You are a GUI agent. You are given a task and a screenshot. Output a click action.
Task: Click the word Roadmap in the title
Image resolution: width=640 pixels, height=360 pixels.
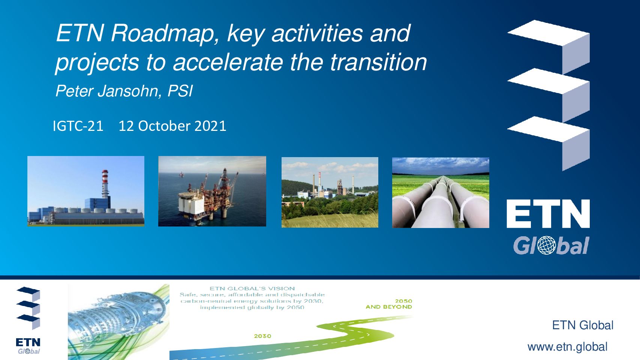click(163, 34)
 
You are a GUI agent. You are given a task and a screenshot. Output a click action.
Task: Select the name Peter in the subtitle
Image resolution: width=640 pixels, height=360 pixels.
click(74, 91)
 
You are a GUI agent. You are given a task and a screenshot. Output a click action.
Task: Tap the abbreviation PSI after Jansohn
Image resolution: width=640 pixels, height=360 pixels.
click(180, 91)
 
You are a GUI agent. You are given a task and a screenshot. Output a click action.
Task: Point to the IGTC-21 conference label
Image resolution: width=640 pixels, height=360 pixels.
click(78, 126)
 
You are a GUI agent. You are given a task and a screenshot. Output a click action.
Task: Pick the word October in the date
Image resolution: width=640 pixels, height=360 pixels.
click(164, 126)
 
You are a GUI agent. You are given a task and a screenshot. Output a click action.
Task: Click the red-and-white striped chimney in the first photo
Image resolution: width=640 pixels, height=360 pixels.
click(105, 183)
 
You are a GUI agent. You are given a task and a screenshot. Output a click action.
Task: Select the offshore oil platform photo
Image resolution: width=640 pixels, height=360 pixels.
click(212, 191)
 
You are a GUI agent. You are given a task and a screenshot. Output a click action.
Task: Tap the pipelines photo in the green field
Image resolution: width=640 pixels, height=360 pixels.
click(441, 193)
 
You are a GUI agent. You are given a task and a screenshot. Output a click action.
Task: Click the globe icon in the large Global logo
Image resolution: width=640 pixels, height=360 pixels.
click(547, 245)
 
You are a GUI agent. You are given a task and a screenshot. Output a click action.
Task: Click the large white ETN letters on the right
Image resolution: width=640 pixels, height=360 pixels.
click(548, 214)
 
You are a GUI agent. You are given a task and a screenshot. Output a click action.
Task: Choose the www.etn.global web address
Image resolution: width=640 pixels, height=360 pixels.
click(567, 347)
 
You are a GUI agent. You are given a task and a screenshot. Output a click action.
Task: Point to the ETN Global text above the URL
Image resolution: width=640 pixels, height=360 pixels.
click(583, 325)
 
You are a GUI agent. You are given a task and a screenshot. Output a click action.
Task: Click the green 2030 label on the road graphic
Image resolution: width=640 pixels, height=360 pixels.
click(262, 336)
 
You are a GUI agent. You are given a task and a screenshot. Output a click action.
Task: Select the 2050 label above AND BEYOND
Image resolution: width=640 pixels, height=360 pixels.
click(403, 301)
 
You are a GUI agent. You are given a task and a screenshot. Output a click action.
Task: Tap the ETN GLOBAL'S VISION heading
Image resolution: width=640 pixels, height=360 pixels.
click(252, 289)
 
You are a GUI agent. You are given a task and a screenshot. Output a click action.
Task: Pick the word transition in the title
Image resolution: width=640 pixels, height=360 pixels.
click(379, 62)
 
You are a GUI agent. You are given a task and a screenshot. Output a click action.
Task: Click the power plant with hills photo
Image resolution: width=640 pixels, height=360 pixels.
click(330, 192)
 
